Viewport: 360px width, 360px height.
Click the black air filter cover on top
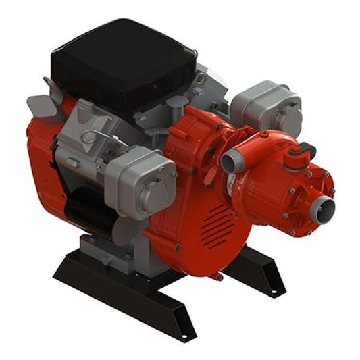point(122,57)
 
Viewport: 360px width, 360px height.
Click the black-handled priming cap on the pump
point(301,154)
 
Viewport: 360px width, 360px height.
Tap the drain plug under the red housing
point(217,276)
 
